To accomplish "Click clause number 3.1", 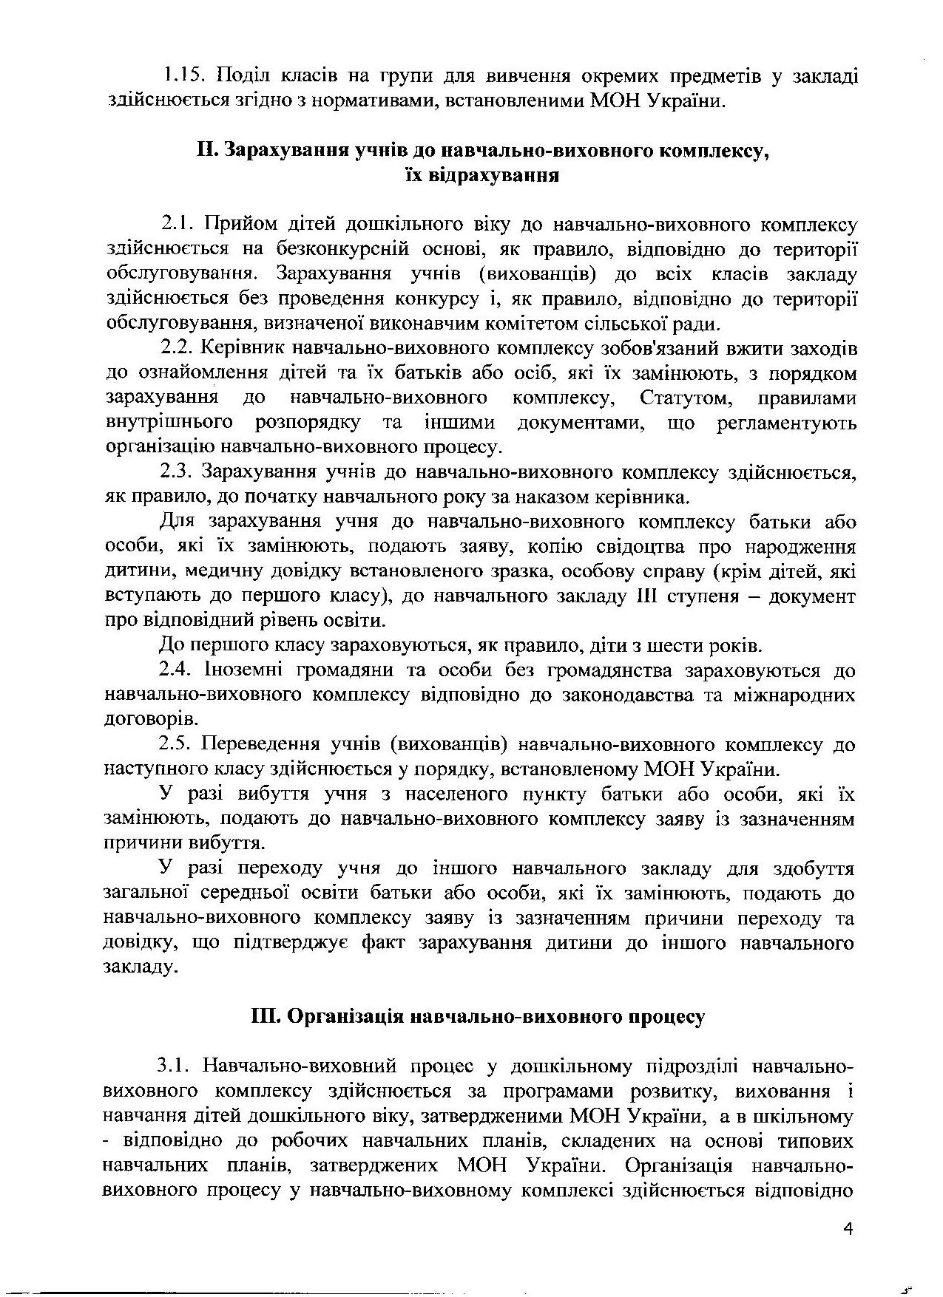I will [175, 1066].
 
